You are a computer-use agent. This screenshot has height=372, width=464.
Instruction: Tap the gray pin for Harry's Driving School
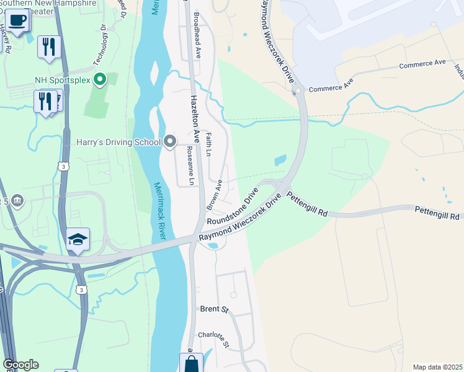coord(171,143)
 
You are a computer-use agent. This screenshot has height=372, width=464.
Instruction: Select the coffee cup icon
coord(18,19)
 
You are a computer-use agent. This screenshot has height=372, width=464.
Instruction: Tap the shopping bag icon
coord(191,363)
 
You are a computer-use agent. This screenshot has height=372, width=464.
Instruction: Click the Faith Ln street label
coord(209,144)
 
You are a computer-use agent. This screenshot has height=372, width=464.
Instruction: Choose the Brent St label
coord(215,309)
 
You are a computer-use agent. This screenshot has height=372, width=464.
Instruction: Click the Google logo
coord(20,365)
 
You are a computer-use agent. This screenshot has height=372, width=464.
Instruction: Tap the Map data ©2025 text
coord(437,367)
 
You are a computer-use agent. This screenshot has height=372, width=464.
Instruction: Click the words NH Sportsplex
coord(63,80)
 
